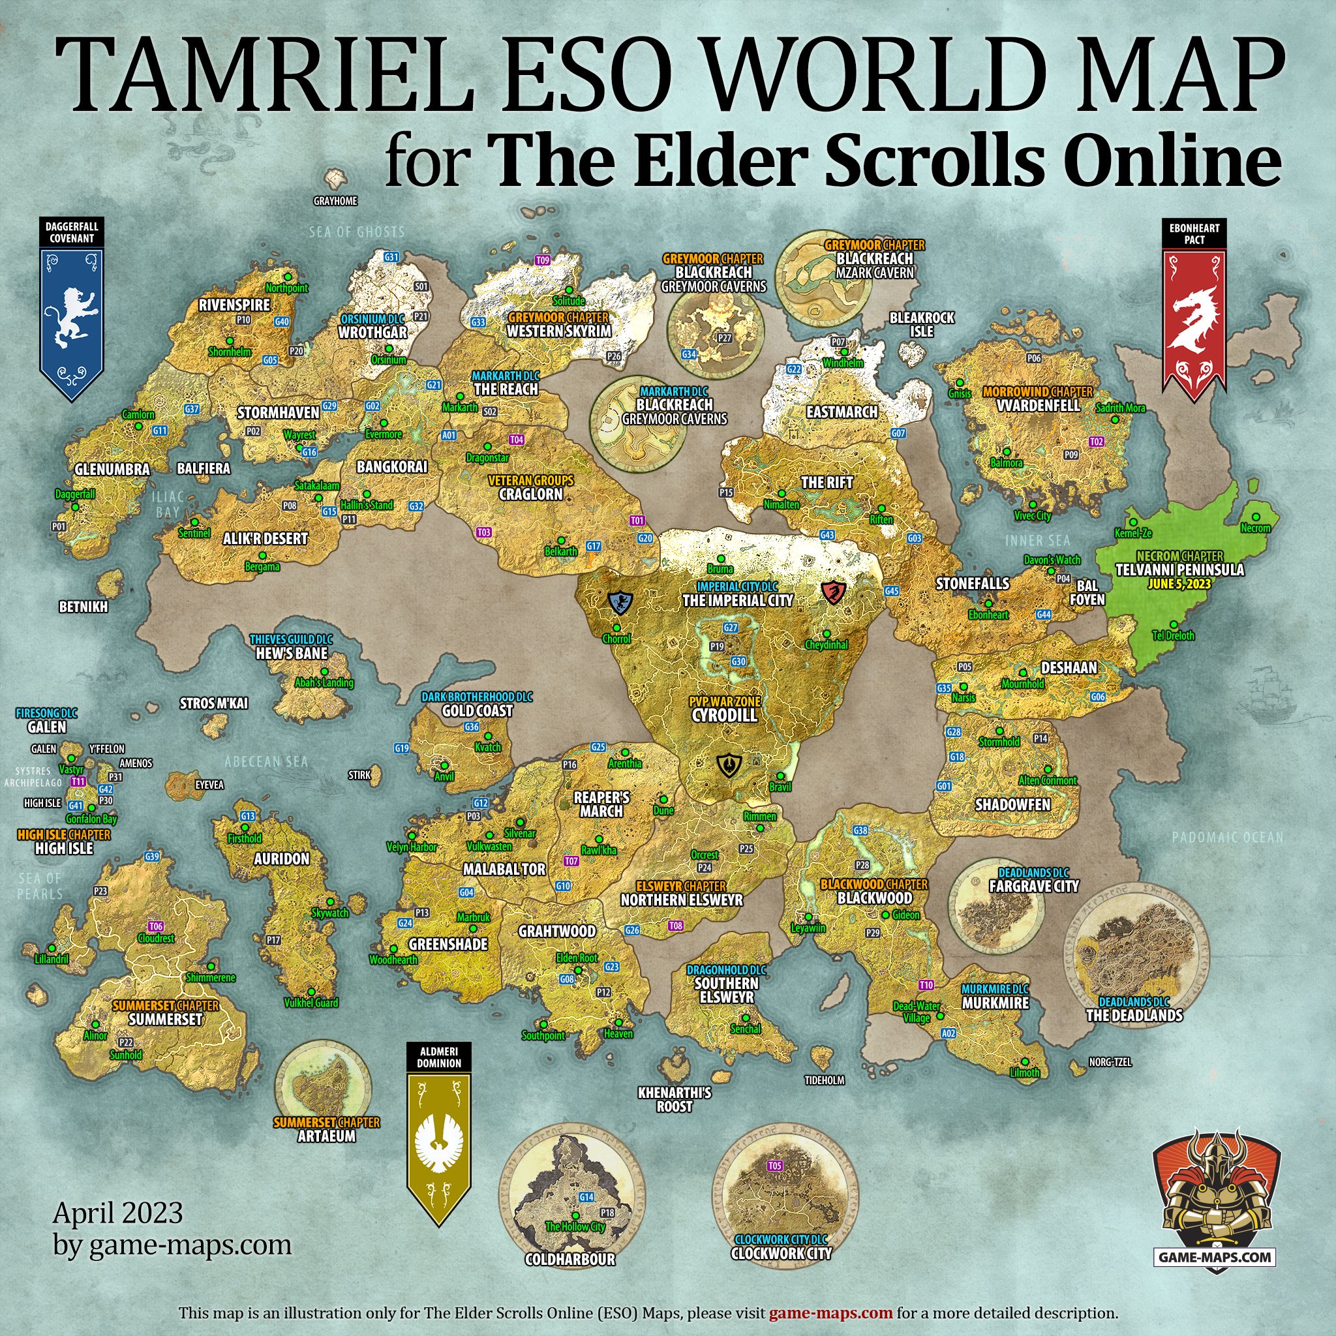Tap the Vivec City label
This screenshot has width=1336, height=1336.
(x=1032, y=516)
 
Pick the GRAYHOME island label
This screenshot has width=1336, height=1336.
(x=335, y=201)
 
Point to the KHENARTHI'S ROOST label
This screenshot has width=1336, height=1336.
(x=675, y=1099)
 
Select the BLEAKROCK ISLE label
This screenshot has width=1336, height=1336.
(x=922, y=324)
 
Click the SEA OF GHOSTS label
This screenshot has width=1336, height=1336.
(x=356, y=232)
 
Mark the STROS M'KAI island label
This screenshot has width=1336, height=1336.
(x=214, y=703)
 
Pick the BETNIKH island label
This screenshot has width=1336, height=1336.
(x=83, y=607)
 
